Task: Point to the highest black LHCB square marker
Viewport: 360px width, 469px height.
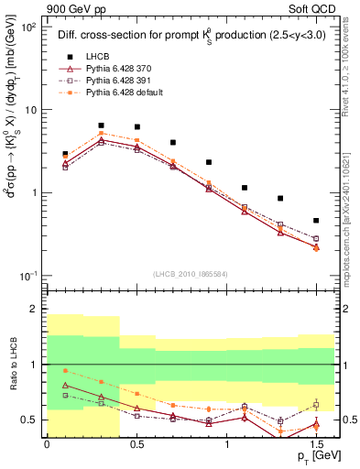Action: tap(101, 125)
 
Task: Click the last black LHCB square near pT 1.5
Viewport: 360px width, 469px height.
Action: tap(315, 221)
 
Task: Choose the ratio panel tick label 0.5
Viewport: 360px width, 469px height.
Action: tap(30, 420)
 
